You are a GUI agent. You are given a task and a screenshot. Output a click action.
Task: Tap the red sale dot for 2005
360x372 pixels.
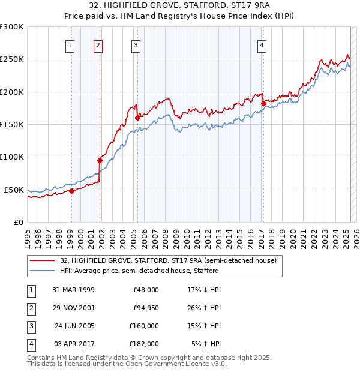point(137,118)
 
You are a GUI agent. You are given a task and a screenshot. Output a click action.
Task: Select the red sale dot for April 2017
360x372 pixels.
point(263,103)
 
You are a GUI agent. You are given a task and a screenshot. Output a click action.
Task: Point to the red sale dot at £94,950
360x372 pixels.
point(100,160)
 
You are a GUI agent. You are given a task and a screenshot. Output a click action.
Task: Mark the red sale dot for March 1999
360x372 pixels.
point(71,191)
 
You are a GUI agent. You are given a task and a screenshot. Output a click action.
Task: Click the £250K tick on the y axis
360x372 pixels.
point(12,59)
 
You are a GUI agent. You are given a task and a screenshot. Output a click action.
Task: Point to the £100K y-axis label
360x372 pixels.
point(12,157)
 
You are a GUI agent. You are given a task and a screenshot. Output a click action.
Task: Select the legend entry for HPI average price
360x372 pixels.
point(139,271)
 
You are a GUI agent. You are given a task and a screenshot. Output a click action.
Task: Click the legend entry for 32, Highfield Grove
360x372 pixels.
point(168,260)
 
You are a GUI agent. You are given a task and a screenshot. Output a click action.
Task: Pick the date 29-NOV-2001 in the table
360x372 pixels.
point(74,308)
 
